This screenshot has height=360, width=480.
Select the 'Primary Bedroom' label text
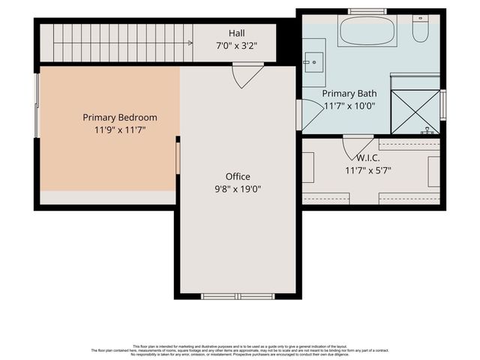click(120, 117)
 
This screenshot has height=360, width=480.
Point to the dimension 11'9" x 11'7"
click(120, 130)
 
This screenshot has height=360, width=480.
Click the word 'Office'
click(238, 176)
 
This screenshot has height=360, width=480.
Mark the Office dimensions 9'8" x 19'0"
click(238, 189)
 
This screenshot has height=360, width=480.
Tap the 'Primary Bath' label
click(349, 94)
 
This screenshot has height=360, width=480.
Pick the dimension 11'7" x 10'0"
click(349, 106)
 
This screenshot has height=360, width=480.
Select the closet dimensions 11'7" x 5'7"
click(367, 171)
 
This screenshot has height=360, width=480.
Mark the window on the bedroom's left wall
click(37, 106)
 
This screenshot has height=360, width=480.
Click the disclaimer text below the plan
click(240, 349)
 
